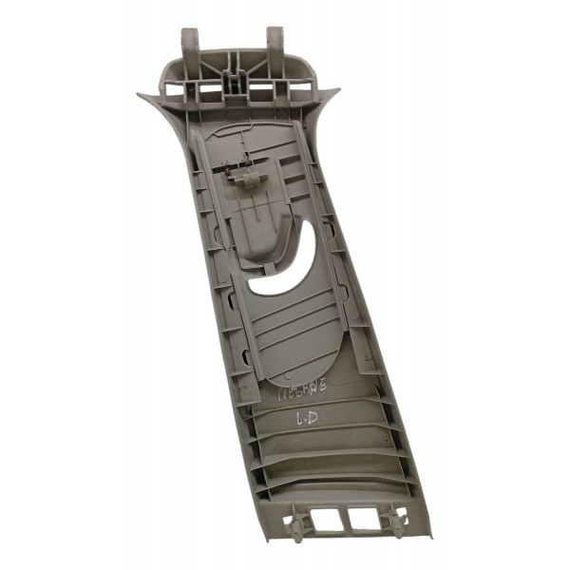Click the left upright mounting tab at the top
190,44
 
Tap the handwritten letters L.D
306,416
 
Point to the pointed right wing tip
336,90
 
